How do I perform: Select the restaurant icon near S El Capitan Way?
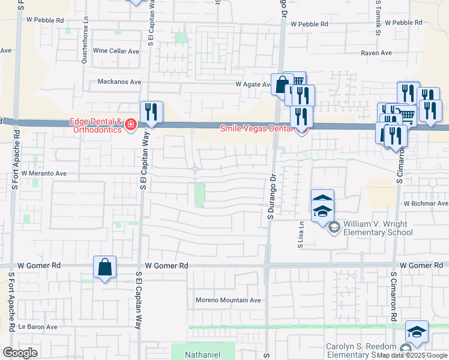[x=151, y=112]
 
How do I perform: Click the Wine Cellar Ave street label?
[x=116, y=51]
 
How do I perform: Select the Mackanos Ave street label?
[x=116, y=82]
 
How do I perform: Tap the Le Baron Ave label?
[x=37, y=327]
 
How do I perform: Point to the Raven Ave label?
[x=376, y=53]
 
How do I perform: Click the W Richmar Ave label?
[x=426, y=203]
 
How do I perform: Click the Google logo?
[x=20, y=353]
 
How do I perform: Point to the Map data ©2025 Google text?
[x=412, y=356]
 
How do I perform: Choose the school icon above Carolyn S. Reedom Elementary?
[x=417, y=332]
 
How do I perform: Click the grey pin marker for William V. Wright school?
[x=333, y=227]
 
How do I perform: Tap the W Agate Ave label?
[x=253, y=85]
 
